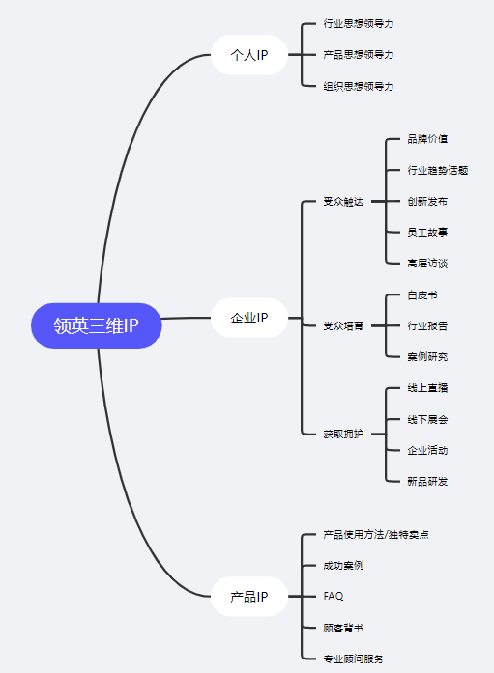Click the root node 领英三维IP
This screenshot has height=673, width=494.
pyautogui.click(x=96, y=326)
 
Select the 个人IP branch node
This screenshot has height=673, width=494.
pyautogui.click(x=249, y=55)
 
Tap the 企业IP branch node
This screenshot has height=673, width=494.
pyautogui.click(x=249, y=318)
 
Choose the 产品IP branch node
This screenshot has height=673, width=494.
pyautogui.click(x=249, y=597)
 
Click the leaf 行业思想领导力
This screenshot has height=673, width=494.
pyautogui.click(x=359, y=23)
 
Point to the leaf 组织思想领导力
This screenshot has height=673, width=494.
pyautogui.click(x=359, y=86)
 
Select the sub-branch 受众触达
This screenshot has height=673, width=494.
pyautogui.click(x=343, y=202)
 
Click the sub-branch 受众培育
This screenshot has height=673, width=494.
pyautogui.click(x=343, y=326)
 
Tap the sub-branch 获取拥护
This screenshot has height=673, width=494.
pyautogui.click(x=343, y=435)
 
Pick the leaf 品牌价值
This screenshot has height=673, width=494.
pyautogui.click(x=427, y=139)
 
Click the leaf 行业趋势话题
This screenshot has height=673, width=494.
pyautogui.click(x=438, y=170)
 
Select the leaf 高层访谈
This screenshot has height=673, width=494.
pyautogui.click(x=427, y=264)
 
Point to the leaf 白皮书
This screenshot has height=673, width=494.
pyautogui.click(x=422, y=294)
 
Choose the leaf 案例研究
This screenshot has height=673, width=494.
pyautogui.click(x=427, y=357)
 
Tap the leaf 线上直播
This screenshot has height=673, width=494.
pyautogui.click(x=427, y=388)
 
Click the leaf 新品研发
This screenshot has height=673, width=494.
pyautogui.click(x=427, y=481)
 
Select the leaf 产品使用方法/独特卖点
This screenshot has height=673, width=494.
pyautogui.click(x=376, y=535)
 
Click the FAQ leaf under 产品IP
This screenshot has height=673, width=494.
pyautogui.click(x=334, y=597)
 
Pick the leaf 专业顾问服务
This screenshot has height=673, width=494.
pyautogui.click(x=353, y=659)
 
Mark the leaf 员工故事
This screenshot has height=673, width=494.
pyautogui.click(x=427, y=233)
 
